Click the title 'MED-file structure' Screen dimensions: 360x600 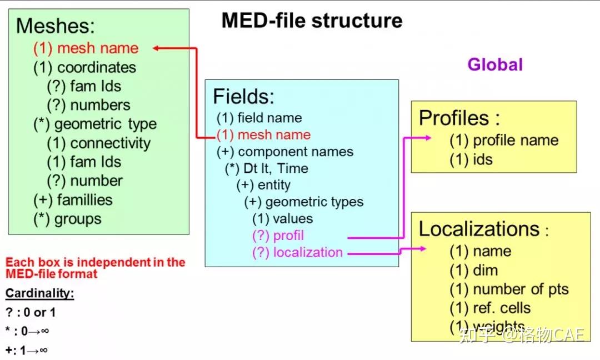click(x=312, y=21)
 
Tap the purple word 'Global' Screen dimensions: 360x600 click(x=494, y=64)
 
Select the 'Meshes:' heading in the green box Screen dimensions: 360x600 click(x=56, y=26)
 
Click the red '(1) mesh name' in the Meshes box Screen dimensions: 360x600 click(x=86, y=48)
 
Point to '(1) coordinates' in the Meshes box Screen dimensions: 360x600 click(x=84, y=68)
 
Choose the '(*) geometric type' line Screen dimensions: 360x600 click(x=94, y=124)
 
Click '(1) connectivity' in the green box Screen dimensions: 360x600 click(x=98, y=143)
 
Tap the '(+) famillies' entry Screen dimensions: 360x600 click(x=73, y=200)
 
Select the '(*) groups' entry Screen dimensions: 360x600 click(x=67, y=219)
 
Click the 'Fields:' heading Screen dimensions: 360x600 click(x=243, y=97)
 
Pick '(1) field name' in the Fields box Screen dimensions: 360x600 click(x=259, y=118)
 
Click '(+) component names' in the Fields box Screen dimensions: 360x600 click(x=284, y=152)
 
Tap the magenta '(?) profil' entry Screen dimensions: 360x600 click(x=278, y=236)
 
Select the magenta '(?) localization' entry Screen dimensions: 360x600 click(x=297, y=252)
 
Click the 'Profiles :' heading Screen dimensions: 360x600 click(x=459, y=118)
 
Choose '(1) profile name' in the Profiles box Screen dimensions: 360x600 click(x=504, y=141)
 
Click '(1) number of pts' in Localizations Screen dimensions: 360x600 click(x=509, y=289)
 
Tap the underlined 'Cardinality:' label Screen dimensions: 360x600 click(x=39, y=293)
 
